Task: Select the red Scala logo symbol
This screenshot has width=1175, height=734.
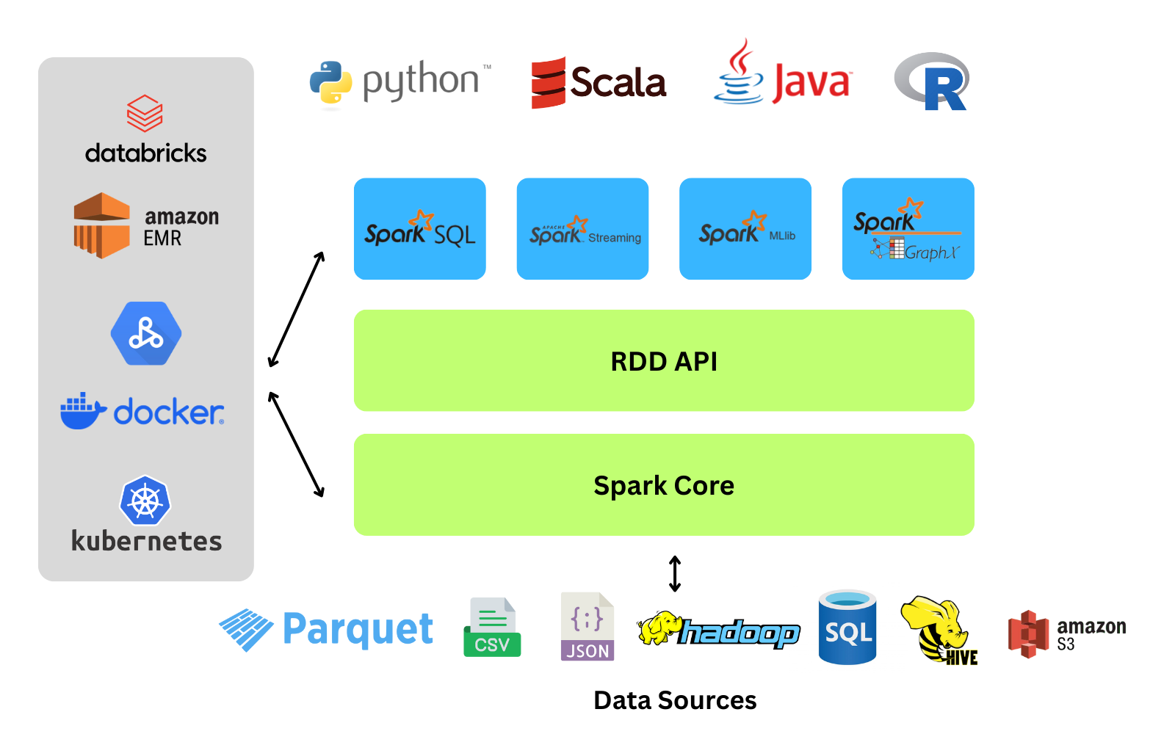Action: pyautogui.click(x=549, y=83)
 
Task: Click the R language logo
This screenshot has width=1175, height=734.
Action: pyautogui.click(x=933, y=81)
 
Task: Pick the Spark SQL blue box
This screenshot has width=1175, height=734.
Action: pyautogui.click(x=420, y=229)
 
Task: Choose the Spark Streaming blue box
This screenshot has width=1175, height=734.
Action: pyautogui.click(x=582, y=229)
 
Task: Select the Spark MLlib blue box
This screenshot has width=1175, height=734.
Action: pyautogui.click(x=745, y=229)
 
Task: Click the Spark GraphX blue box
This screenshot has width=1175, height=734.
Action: pyautogui.click(x=908, y=229)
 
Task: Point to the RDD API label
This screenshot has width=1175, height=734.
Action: pyautogui.click(x=664, y=362)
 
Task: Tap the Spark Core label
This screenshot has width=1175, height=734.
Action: pyautogui.click(x=664, y=486)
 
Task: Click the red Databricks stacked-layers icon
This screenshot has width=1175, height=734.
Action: pyautogui.click(x=145, y=113)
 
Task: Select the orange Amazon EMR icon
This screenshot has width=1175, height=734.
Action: pyautogui.click(x=102, y=225)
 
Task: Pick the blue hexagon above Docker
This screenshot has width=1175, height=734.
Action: pyautogui.click(x=146, y=334)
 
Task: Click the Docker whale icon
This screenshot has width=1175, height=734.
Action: pyautogui.click(x=82, y=413)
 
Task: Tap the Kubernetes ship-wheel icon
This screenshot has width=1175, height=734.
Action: pyautogui.click(x=145, y=501)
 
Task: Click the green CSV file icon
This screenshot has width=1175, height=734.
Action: pyautogui.click(x=492, y=628)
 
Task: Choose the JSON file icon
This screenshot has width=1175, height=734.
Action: pyautogui.click(x=587, y=627)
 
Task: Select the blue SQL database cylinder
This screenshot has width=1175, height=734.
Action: pyautogui.click(x=847, y=628)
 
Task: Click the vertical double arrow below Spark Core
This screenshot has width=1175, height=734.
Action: pyautogui.click(x=675, y=573)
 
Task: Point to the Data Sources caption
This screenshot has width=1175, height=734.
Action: pyautogui.click(x=675, y=701)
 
